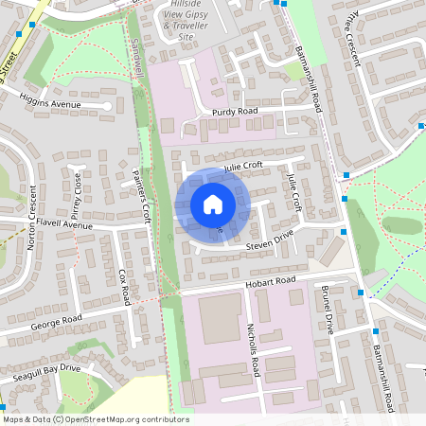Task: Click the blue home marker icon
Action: point(213,204)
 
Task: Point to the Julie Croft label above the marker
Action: point(242,167)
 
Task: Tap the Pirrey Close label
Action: point(76,194)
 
